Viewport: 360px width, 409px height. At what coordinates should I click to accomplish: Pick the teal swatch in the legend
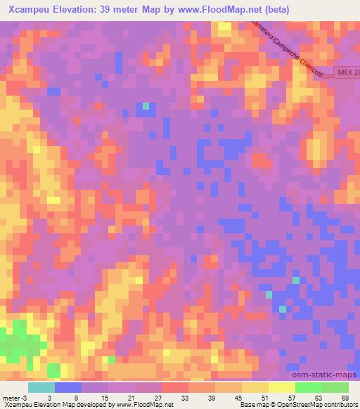pos(41,387)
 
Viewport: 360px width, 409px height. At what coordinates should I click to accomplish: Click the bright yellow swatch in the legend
pos(281,387)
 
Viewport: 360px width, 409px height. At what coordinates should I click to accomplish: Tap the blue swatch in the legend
pos(67,387)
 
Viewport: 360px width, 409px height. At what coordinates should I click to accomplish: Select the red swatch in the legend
pos(174,387)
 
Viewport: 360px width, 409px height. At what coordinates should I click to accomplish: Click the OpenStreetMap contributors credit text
pos(316,405)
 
